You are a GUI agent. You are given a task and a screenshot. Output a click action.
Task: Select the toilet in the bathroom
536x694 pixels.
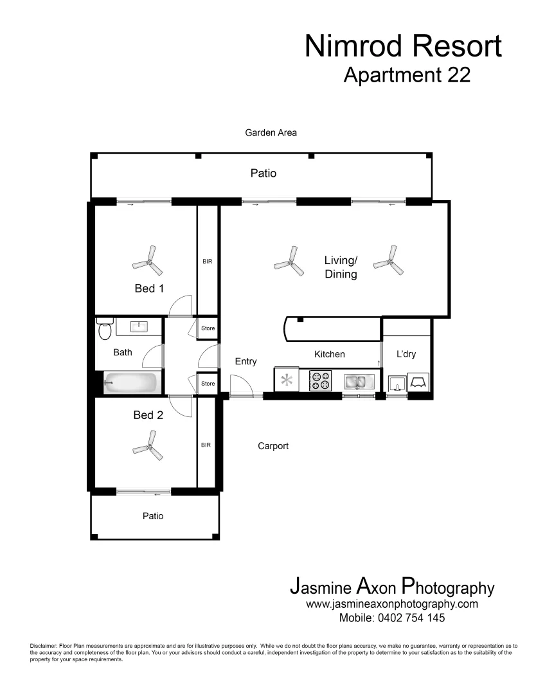pos(104,329)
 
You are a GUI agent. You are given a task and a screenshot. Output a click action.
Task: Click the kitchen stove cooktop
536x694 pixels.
pos(321,380)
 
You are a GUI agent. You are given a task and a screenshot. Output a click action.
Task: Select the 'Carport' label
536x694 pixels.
pos(273,446)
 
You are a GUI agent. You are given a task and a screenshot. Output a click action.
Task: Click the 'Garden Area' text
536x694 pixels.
pos(271,133)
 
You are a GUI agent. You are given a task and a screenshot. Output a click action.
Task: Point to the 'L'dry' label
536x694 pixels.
pos(406,354)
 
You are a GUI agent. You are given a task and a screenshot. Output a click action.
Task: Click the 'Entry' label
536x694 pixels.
pos(246,361)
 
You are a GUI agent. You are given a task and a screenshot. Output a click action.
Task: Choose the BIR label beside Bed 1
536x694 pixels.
pos(207,262)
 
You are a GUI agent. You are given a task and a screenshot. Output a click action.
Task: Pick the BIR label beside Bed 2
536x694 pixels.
pos(207,444)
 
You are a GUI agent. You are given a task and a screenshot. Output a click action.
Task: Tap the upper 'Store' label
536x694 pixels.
pos(208,328)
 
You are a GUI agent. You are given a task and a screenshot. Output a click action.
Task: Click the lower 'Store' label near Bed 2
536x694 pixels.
pos(208,384)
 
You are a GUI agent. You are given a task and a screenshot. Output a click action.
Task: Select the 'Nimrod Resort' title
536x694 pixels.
pos(403,46)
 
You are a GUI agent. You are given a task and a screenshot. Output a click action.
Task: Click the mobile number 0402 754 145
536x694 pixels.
pos(392,618)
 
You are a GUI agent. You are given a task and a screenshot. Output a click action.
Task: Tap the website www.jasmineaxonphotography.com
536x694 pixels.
pos(392,604)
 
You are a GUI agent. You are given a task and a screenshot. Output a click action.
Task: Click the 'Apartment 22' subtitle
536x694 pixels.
pos(407,75)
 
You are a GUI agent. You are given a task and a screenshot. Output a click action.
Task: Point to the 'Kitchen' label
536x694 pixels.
pos(329,354)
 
